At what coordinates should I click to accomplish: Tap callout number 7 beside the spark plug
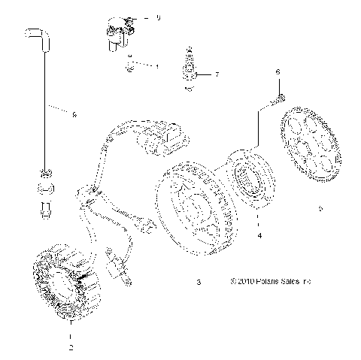(217, 75)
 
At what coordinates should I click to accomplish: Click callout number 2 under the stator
(70, 347)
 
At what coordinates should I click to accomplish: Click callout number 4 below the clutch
(259, 236)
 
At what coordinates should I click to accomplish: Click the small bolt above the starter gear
(280, 97)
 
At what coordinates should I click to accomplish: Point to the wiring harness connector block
(168, 139)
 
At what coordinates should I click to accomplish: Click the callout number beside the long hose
(74, 115)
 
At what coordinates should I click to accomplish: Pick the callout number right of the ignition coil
(158, 17)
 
